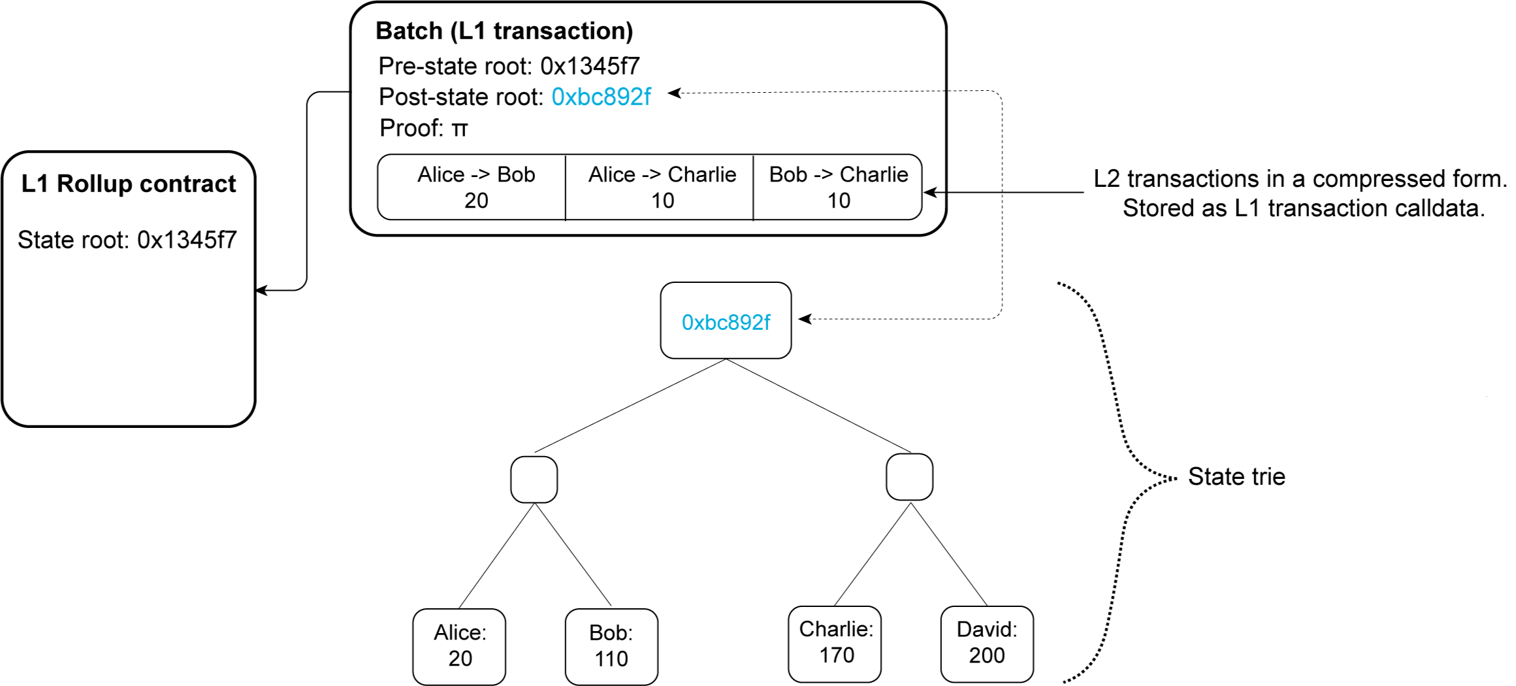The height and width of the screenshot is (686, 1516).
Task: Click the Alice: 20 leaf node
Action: pyautogui.click(x=459, y=646)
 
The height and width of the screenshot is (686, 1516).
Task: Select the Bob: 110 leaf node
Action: pyautogui.click(x=611, y=646)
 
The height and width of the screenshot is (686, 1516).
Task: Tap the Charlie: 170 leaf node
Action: pyautogui.click(x=835, y=643)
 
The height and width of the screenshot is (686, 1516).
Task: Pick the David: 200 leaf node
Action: pyautogui.click(x=987, y=643)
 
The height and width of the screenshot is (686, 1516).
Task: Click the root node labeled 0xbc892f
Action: pyautogui.click(x=726, y=321)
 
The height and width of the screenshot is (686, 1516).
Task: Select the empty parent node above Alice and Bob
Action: pyautogui.click(x=534, y=479)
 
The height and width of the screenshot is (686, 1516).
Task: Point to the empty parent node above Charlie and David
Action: pyautogui.click(x=909, y=477)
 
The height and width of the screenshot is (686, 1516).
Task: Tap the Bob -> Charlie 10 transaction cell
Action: pyautogui.click(x=837, y=188)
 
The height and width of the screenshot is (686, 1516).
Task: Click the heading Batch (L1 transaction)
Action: pyautogui.click(x=504, y=31)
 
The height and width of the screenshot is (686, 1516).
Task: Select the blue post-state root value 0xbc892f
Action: pyautogui.click(x=601, y=97)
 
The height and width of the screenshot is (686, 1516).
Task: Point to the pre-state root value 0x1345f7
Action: pyautogui.click(x=590, y=66)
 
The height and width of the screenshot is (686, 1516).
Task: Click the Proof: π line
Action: pyautogui.click(x=423, y=128)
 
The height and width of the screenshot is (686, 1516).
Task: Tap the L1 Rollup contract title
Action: pyautogui.click(x=129, y=184)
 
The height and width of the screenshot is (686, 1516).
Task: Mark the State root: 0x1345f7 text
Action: pyautogui.click(x=127, y=240)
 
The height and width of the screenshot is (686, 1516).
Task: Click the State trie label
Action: pyautogui.click(x=1236, y=476)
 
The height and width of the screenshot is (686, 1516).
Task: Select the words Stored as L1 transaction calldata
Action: pyautogui.click(x=1303, y=208)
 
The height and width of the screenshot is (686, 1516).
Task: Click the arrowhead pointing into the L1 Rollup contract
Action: pyautogui.click(x=261, y=290)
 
